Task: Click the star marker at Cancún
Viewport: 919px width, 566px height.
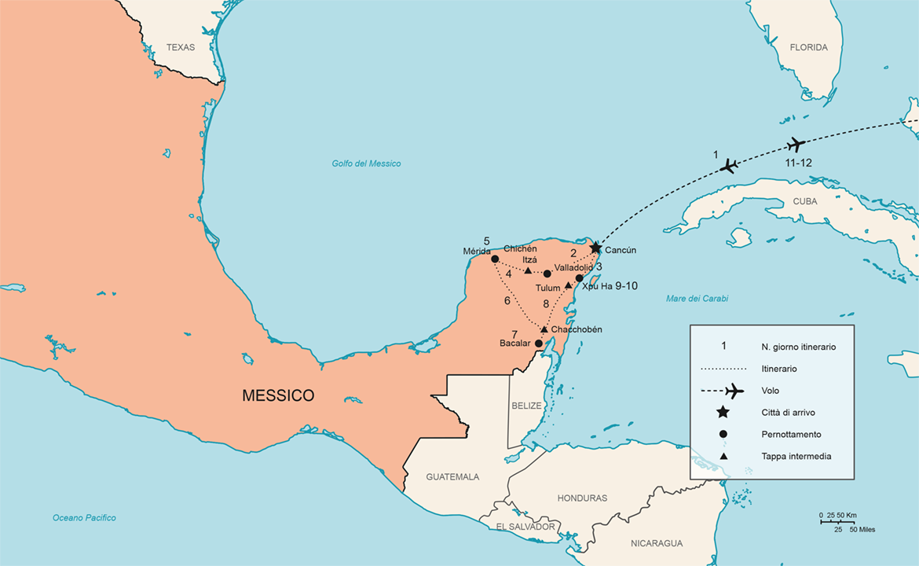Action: [595, 248]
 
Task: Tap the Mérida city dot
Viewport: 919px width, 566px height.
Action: [495, 259]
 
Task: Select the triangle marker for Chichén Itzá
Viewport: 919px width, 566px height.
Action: [528, 270]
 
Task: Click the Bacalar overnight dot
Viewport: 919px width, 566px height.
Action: [538, 344]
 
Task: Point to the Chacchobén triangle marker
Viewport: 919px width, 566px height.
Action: [544, 329]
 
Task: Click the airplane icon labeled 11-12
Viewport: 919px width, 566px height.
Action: [796, 145]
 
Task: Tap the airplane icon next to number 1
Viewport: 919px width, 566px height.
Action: [730, 166]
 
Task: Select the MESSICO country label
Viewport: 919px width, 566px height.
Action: [278, 395]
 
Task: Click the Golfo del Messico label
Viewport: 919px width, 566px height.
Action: [366, 164]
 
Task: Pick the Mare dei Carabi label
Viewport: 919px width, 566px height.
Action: [697, 299]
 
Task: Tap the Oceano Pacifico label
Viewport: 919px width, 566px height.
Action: [84, 517]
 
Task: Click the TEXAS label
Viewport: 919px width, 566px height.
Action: [181, 47]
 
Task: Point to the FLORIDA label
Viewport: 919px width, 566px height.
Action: [809, 47]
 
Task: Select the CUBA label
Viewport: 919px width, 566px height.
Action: [804, 201]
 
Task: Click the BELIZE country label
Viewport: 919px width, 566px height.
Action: [527, 405]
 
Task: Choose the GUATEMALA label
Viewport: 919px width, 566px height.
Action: [452, 476]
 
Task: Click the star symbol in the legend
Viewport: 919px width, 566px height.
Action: [723, 412]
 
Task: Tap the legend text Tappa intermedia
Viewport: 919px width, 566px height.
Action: [796, 456]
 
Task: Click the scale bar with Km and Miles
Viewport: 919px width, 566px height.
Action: [847, 522]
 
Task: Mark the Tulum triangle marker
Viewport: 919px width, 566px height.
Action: [568, 285]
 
